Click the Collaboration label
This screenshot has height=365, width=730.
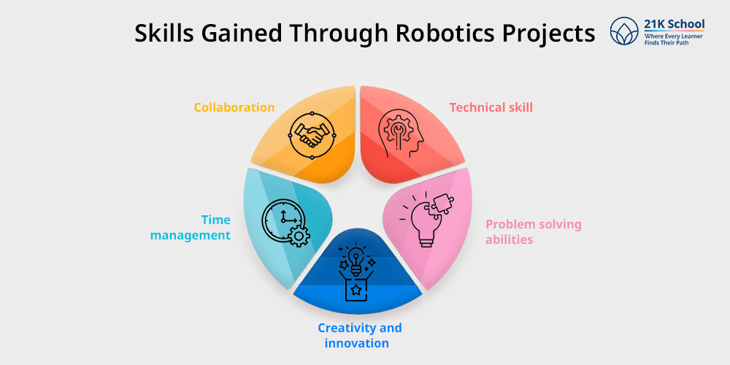pos(234,107)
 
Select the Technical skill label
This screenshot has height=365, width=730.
pos(491,107)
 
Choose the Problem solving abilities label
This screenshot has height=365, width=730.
pos(534,231)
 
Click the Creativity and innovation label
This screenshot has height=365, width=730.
pos(359,335)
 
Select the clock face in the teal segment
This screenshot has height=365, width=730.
pos(280,218)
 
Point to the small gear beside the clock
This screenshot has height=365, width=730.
pos(299,235)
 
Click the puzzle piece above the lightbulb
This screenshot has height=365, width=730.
pos(441,207)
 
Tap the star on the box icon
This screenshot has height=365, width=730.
pos(356,291)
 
